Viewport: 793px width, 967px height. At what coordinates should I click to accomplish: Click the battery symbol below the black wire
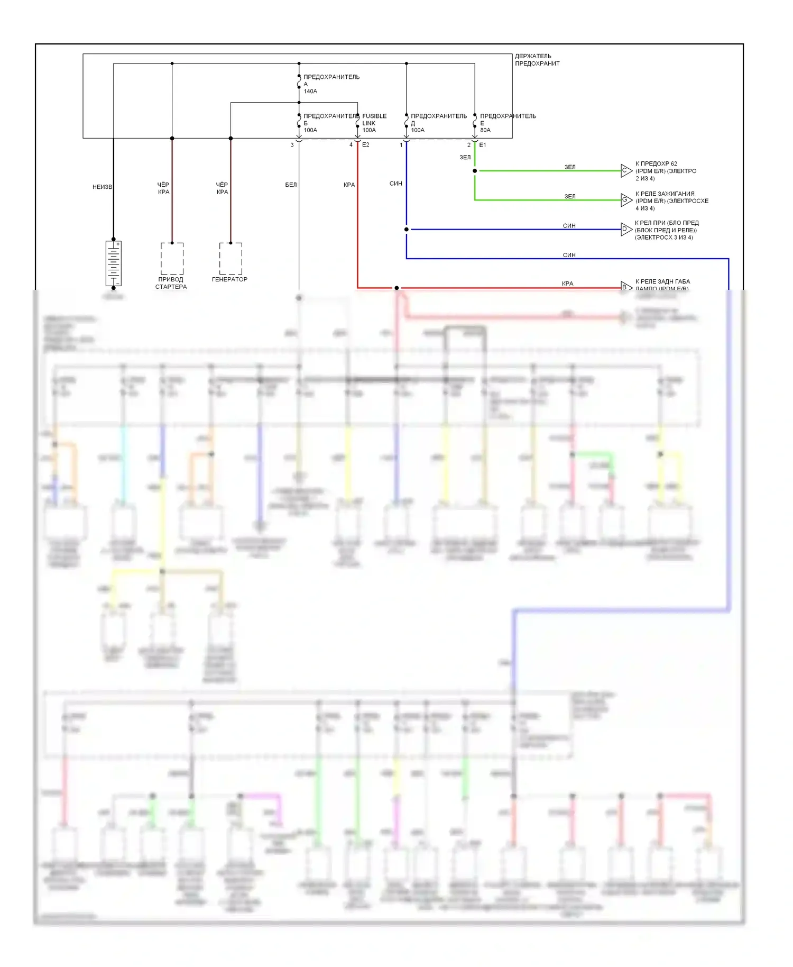114,263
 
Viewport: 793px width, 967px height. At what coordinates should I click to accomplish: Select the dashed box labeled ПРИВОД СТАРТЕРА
172,259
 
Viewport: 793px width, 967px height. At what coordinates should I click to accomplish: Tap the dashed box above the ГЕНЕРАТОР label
230,259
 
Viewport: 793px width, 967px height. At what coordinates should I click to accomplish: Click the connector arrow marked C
625,171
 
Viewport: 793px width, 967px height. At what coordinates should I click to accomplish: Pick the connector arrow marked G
625,200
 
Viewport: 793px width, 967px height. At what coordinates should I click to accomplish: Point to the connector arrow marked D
625,230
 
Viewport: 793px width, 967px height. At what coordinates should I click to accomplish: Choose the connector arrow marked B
625,287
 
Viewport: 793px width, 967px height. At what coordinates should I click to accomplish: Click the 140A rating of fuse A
310,92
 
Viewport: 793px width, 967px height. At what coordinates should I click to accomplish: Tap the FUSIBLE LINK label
374,120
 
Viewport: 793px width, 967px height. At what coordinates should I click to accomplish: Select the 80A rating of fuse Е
485,130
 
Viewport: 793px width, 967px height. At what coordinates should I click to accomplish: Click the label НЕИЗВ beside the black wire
102,187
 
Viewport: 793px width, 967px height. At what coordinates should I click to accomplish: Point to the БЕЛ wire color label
291,185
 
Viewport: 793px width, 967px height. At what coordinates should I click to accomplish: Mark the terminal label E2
366,145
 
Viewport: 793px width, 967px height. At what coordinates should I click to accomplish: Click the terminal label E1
483,145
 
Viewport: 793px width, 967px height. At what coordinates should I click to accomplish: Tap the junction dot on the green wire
475,171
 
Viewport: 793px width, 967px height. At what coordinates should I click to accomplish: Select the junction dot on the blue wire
406,230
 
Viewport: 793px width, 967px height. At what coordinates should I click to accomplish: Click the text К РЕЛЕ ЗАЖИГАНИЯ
665,194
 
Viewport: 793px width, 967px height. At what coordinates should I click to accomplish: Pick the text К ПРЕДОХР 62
656,164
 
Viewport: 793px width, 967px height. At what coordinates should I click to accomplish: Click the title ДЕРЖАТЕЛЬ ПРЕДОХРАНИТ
537,60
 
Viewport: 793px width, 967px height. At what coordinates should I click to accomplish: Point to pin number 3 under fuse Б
292,145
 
